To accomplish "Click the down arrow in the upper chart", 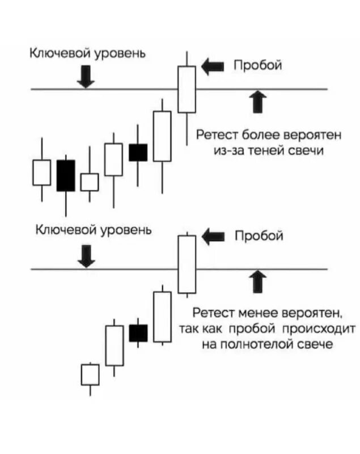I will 86,76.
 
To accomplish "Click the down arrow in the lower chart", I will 86,255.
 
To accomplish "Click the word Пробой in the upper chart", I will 259,66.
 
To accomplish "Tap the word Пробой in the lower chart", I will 259,235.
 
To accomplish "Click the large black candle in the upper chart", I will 66,175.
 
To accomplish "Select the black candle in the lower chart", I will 138,333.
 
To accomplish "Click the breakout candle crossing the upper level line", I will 187,89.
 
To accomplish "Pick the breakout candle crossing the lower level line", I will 187,264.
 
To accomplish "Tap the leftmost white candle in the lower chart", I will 90,375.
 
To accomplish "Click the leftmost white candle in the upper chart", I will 41,173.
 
